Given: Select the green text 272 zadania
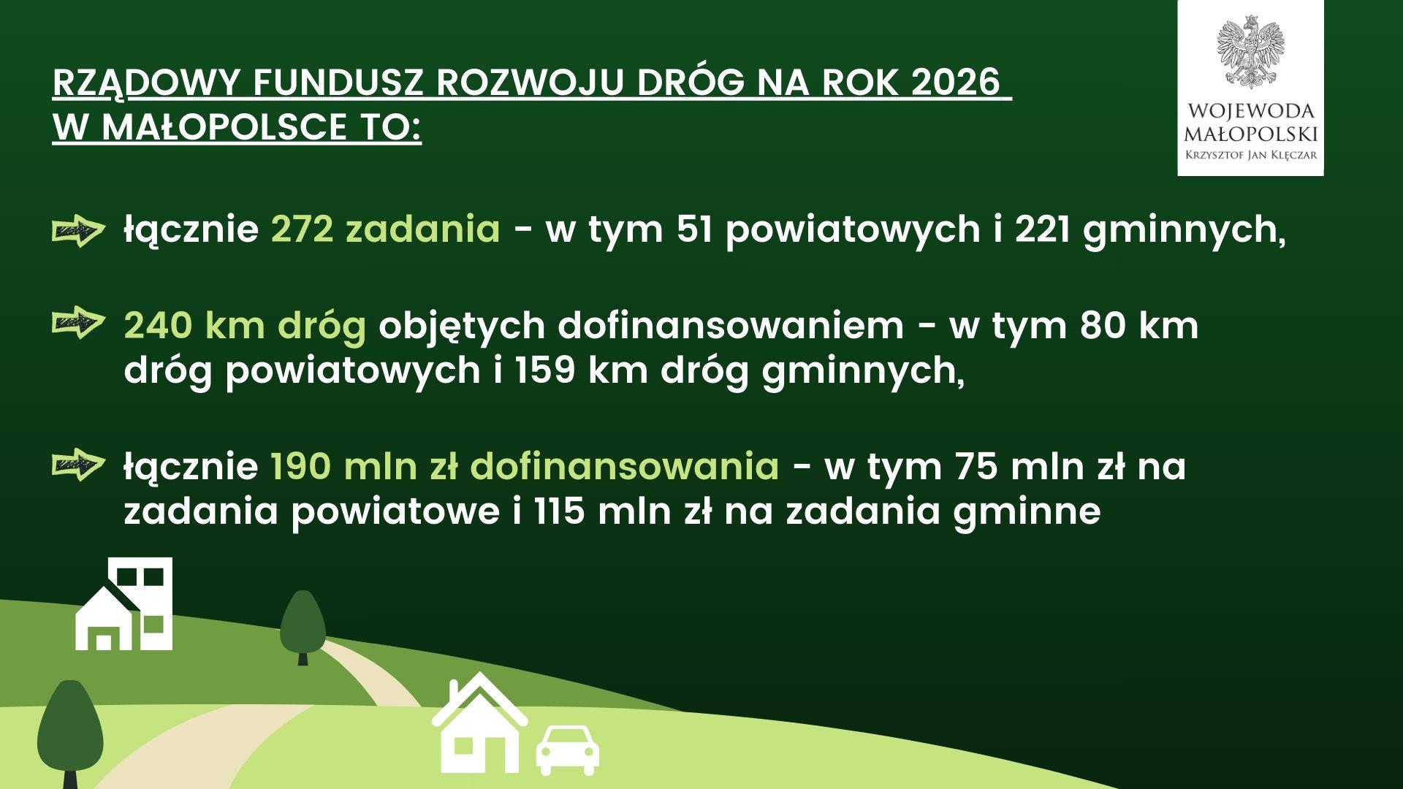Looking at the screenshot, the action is (386, 230).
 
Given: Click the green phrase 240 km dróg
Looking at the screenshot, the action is (245, 327).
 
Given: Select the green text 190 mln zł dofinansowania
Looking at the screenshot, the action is (525, 467).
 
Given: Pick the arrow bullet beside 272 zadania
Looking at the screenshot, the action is (75, 232).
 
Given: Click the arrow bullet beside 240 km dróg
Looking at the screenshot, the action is (75, 322).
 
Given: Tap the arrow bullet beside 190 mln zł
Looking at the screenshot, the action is (75, 465).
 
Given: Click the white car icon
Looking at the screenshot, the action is (568, 750).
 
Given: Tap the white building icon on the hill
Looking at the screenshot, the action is (124, 603).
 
